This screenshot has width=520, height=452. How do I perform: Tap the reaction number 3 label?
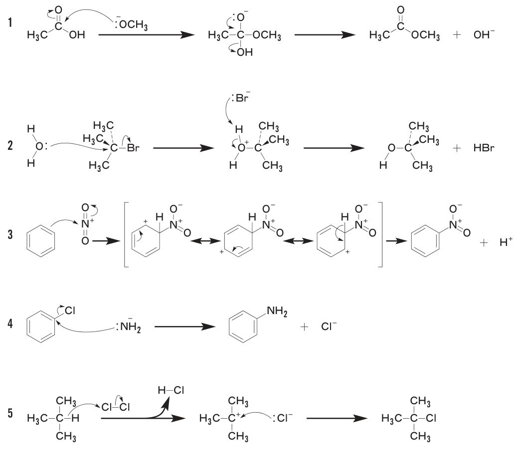pos(10,234)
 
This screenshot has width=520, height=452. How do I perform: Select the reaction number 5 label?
pos(10,413)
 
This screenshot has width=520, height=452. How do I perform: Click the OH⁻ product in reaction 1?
pos(484,34)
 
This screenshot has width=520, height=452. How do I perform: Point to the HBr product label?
pos(484,148)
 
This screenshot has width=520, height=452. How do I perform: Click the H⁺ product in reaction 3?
pos(506,242)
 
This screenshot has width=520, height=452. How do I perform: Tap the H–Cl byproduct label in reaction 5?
pos(171,390)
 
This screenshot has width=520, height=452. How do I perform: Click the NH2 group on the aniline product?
pos(277,312)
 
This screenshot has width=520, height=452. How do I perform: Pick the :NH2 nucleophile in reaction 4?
pos(129,327)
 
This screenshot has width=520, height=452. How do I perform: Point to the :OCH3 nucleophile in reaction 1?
pos(131,24)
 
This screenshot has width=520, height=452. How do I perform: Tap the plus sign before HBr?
pos(457,148)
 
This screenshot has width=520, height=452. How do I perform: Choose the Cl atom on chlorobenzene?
pos(70,310)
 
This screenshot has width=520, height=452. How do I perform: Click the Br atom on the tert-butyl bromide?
pos(133,148)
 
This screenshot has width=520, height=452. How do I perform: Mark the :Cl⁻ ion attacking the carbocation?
pos(282,418)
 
